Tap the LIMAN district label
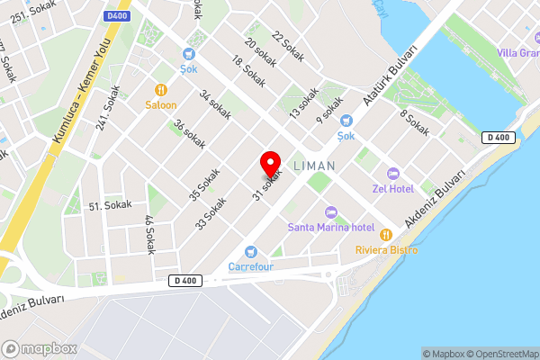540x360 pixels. (x=314, y=166)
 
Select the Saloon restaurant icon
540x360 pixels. (x=161, y=89)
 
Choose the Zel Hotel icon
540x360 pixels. (x=391, y=173)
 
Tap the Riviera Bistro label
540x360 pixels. (x=386, y=249)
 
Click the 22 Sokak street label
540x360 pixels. (x=288, y=48)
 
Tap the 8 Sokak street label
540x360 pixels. (x=415, y=123)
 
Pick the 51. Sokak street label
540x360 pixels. (x=111, y=206)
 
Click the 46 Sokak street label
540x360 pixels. (x=149, y=234)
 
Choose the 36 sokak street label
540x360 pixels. (x=189, y=135)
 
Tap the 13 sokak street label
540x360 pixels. (x=304, y=103)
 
